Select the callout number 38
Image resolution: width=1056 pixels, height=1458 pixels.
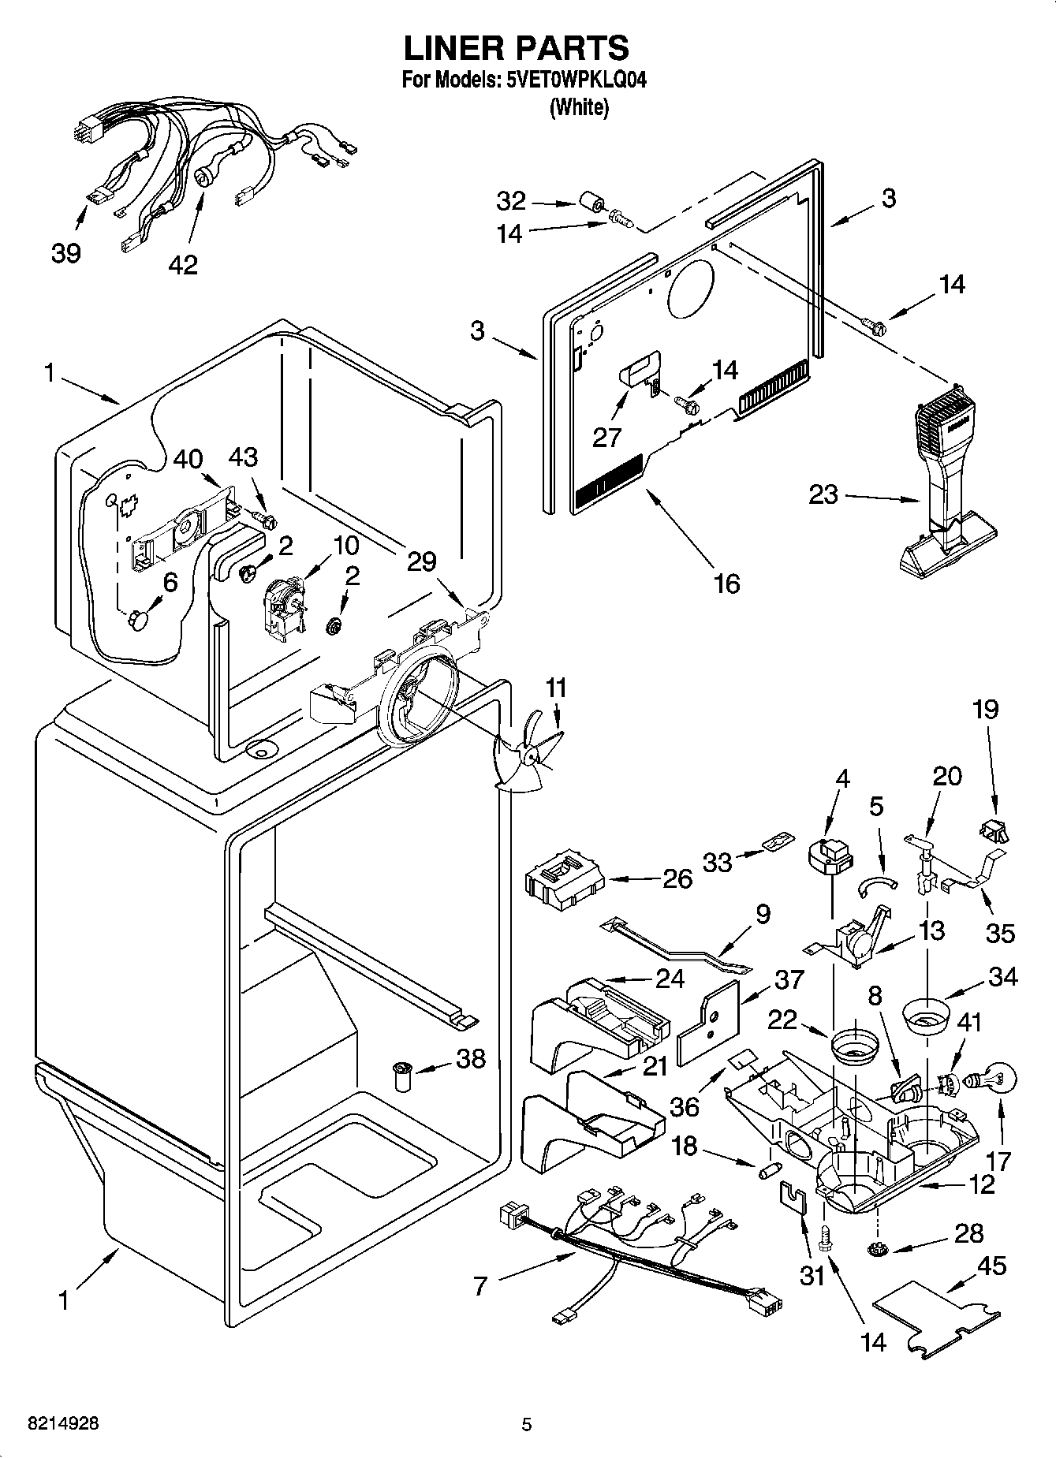471,1058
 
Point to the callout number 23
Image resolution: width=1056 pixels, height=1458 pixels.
823,496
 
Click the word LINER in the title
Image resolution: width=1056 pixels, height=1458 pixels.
453,48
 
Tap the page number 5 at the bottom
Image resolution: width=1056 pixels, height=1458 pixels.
527,1424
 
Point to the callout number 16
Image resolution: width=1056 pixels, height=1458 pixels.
726,584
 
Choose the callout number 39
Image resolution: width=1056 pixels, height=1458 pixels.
66,253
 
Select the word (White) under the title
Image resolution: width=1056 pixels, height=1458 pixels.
579,108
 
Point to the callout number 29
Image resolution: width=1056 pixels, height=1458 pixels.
422,561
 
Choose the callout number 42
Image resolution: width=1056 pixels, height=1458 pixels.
183,265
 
